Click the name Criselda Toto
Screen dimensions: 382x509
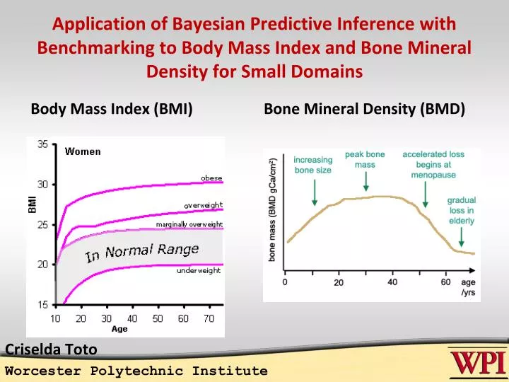coord(51,348)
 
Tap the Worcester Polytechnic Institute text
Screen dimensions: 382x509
coord(136,371)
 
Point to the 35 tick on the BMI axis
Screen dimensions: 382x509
coord(42,144)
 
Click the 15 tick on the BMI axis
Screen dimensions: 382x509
coord(42,305)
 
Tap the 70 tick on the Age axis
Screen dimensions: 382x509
coord(209,318)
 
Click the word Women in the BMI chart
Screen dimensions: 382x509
coord(83,151)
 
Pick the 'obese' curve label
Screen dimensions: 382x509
coord(211,177)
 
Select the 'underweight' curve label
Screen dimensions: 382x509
coord(198,270)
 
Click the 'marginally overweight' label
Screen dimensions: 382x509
coord(189,224)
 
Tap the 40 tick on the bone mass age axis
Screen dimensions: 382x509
coord(392,282)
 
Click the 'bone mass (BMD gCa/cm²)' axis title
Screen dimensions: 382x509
coord(273,210)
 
